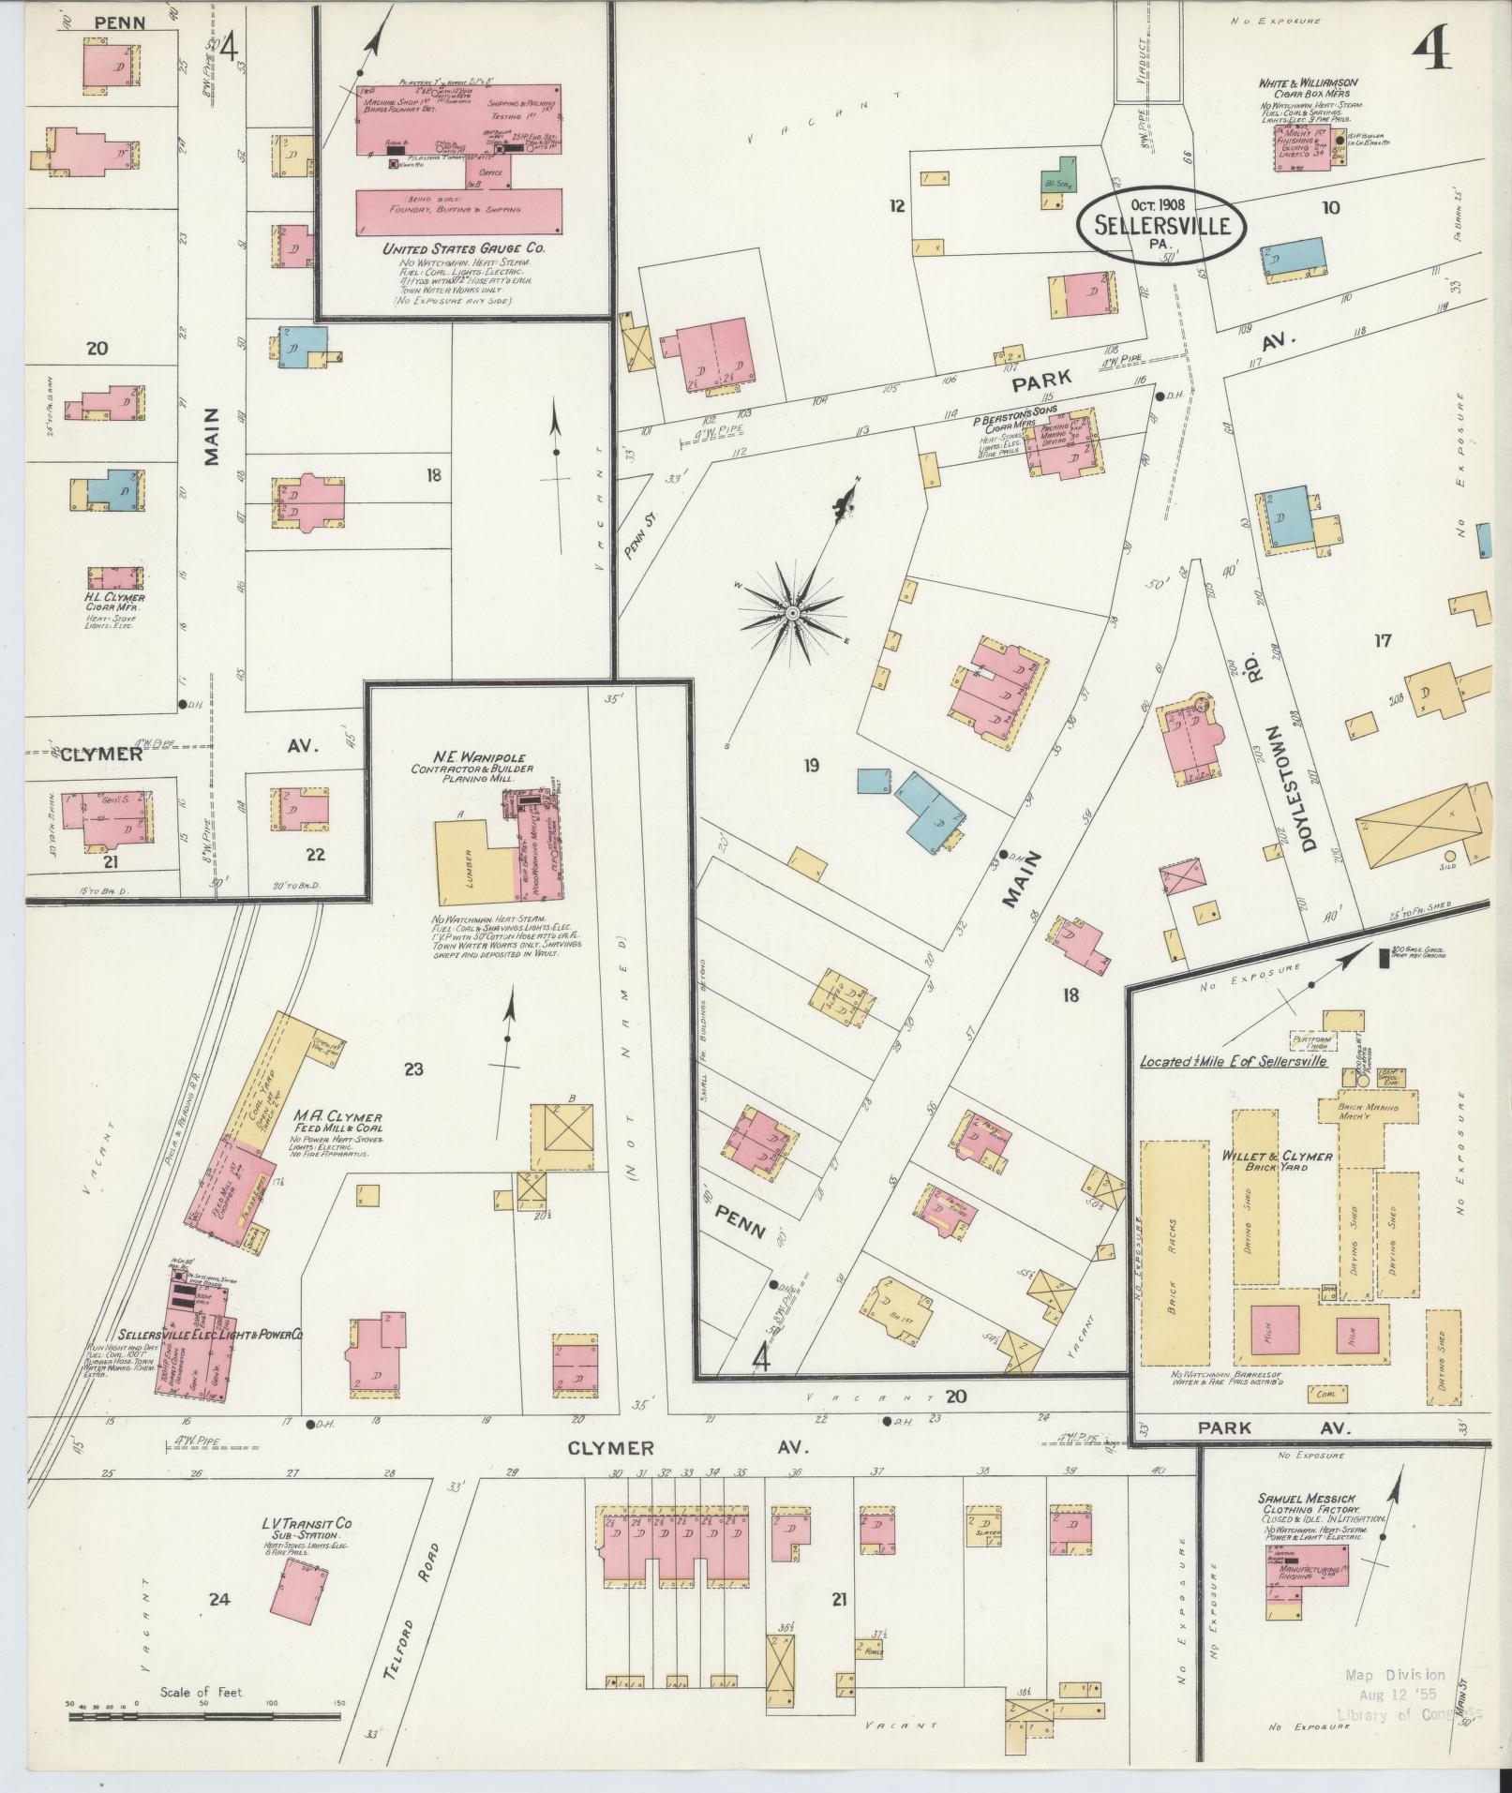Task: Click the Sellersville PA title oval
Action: [1161, 223]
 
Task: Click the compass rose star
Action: [792, 613]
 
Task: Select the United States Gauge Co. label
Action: [463, 250]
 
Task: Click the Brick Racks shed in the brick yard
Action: [1173, 1253]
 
